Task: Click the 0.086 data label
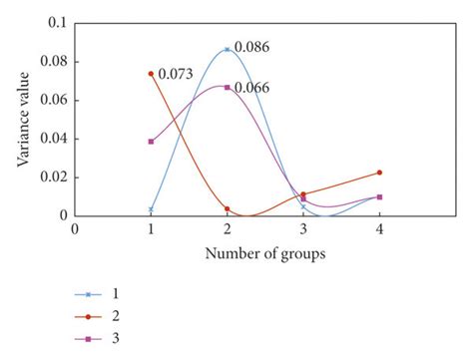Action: click(251, 47)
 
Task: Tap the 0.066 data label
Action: click(251, 88)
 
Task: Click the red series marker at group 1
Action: click(151, 74)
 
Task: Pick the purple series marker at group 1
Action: click(151, 142)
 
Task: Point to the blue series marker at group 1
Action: click(151, 209)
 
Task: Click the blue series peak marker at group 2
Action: click(228, 49)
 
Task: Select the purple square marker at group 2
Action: click(228, 88)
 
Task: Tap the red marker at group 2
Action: click(228, 208)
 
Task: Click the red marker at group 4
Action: click(380, 173)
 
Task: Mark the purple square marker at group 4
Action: click(380, 196)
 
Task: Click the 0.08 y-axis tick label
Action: click(56, 61)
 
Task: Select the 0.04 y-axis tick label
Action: click(56, 139)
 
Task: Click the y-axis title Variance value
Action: click(22, 118)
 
